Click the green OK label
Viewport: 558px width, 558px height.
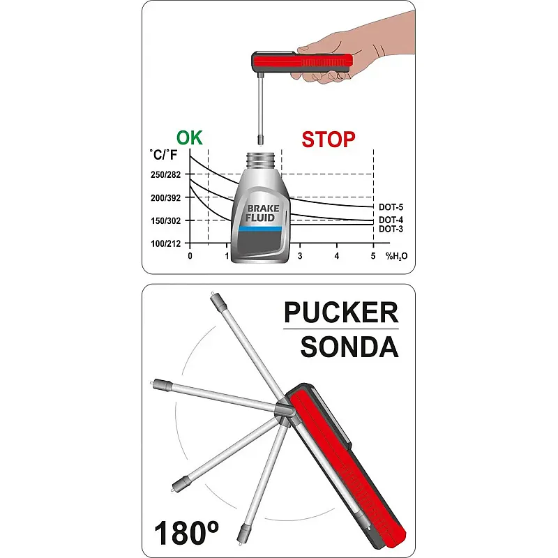pos(189,138)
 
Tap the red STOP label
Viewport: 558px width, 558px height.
pos(329,139)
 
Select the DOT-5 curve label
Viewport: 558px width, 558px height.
pos(391,207)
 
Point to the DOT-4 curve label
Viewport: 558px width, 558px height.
pos(391,220)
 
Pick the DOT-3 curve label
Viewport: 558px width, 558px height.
pos(391,229)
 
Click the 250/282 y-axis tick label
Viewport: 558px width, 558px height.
pos(166,175)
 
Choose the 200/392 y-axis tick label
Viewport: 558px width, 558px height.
pos(166,198)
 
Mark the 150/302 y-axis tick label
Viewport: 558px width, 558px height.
pos(166,221)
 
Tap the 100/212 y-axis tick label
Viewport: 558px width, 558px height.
pos(166,243)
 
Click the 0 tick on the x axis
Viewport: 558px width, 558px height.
pos(190,256)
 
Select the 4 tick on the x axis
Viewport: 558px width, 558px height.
pos(337,256)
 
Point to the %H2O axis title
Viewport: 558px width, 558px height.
pos(396,256)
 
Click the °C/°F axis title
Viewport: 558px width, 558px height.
pos(163,155)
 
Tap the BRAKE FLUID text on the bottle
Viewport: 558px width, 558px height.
pos(263,213)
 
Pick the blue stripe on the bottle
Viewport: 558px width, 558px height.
pos(260,229)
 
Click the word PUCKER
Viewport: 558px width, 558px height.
pos(341,312)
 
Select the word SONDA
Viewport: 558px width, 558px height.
pos(349,347)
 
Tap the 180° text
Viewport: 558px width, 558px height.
pos(186,533)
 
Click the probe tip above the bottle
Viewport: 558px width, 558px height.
pos(261,140)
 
